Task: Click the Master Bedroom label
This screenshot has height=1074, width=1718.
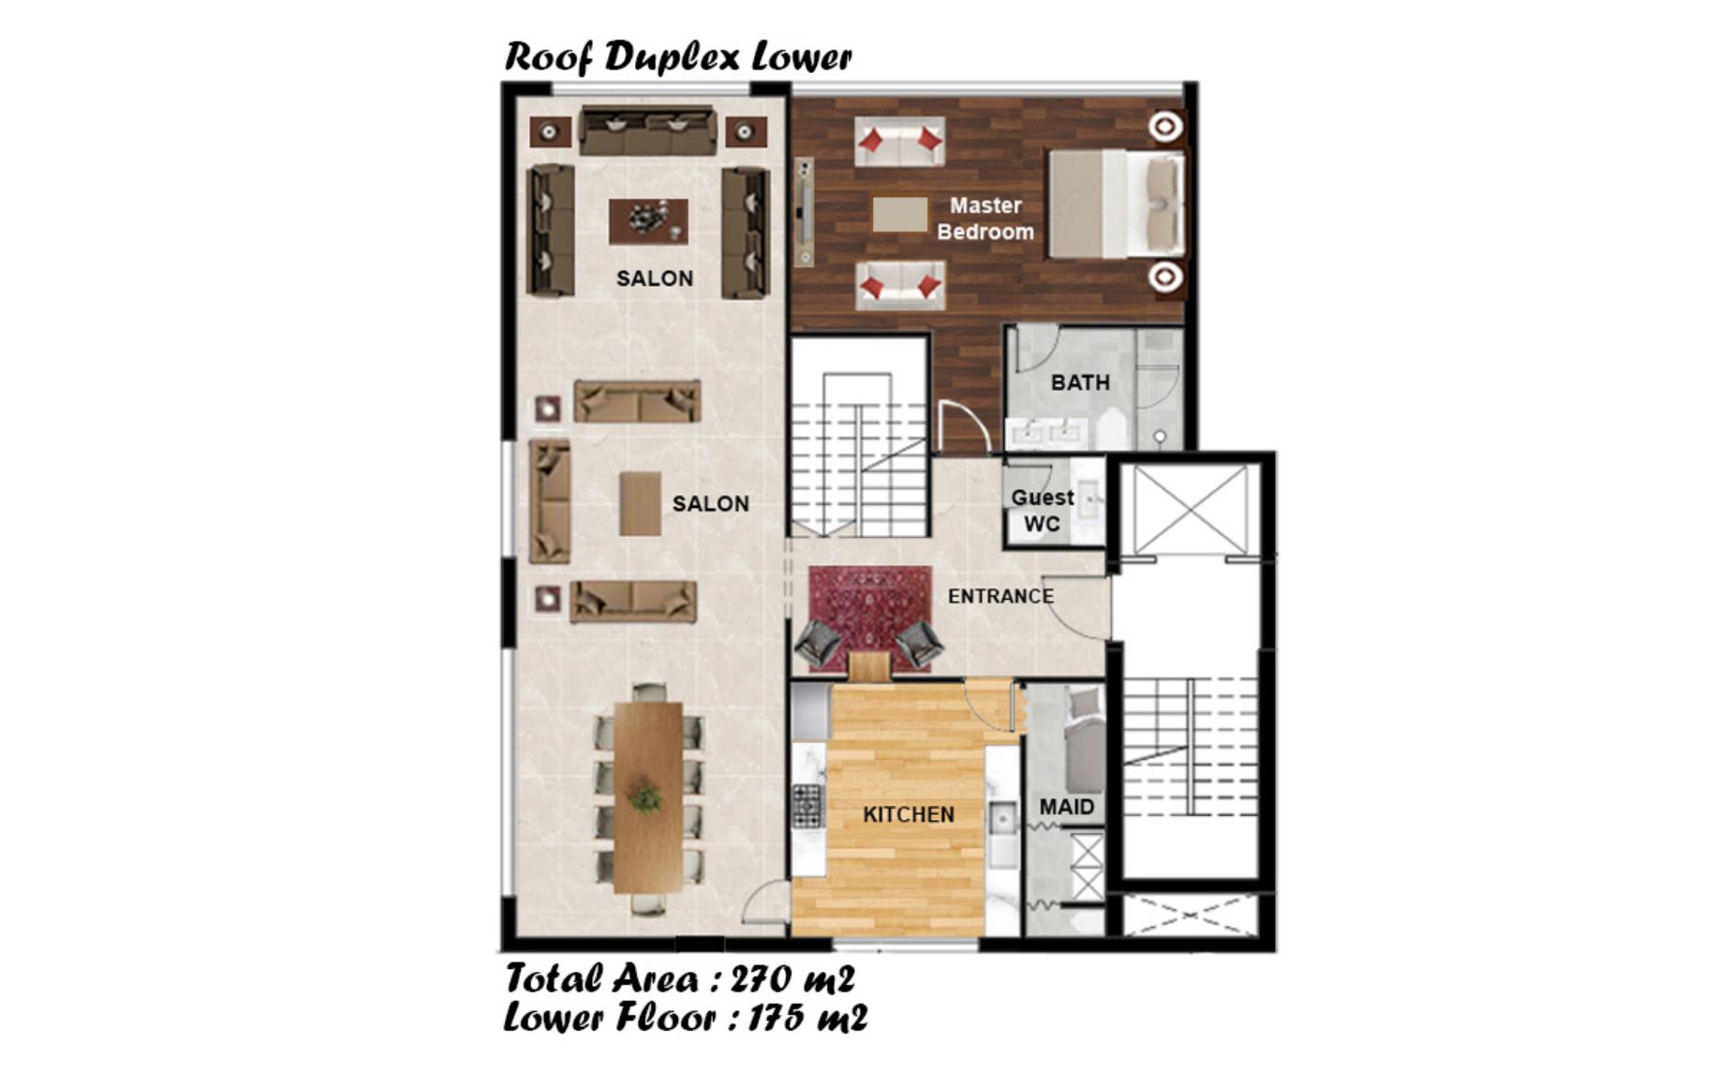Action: pos(985,218)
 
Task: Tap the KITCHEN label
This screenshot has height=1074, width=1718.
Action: pos(909,814)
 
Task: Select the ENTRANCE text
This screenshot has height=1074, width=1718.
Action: pos(1000,596)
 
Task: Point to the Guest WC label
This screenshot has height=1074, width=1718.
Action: pos(1042,511)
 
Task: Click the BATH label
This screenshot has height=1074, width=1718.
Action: pos(1080,382)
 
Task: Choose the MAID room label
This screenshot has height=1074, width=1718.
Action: pos(1066,807)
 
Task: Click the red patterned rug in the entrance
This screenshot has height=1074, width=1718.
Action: pos(870,619)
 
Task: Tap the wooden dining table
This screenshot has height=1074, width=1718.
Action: pos(648,797)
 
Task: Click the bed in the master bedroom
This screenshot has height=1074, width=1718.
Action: pos(1116,203)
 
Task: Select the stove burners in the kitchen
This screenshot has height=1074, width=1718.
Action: pos(807,805)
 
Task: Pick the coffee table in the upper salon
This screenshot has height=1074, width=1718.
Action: pos(648,221)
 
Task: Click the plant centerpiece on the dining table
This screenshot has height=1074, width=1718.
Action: pos(645,798)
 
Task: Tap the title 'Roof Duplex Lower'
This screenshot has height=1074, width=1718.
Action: pos(678,56)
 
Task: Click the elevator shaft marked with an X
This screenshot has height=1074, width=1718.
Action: pos(1190,509)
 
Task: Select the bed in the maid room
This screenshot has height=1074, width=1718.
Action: pos(1085,740)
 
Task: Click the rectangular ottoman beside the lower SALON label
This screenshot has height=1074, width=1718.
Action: pos(641,503)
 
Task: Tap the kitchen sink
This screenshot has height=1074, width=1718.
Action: pos(1002,821)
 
